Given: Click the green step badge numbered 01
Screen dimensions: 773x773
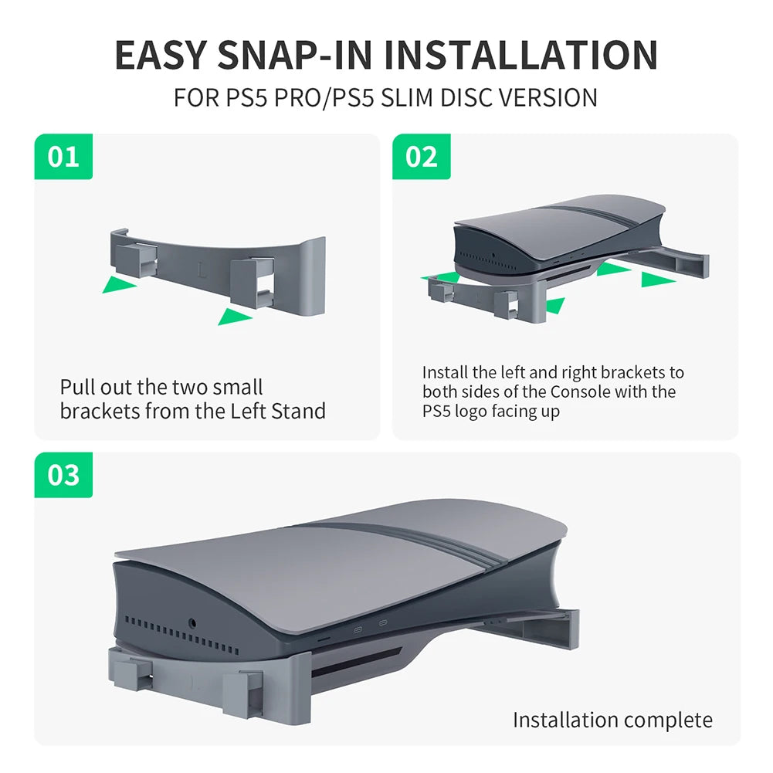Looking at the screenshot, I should (63, 157).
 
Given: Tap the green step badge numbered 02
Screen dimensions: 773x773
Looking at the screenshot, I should (421, 157).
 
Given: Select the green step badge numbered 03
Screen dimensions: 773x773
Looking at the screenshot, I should (63, 475).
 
